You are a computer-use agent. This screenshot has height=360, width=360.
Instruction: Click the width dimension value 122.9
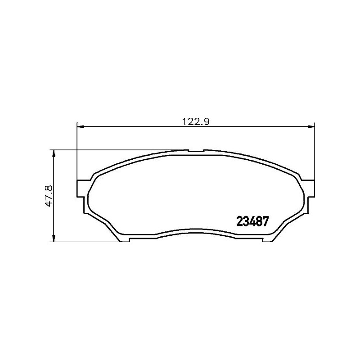click(196, 121)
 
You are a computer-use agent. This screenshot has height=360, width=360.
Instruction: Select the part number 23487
click(252, 221)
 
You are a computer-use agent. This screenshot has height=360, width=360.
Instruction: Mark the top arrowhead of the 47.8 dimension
click(54, 153)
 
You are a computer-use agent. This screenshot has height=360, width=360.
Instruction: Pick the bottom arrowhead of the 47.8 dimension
click(54, 238)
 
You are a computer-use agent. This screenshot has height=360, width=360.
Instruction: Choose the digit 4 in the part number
click(252, 221)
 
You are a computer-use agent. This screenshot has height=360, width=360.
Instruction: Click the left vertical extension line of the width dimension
click(77, 153)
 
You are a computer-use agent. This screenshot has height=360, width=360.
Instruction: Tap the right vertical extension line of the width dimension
click(314, 153)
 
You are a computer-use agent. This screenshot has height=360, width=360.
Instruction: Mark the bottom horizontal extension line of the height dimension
click(85, 242)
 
